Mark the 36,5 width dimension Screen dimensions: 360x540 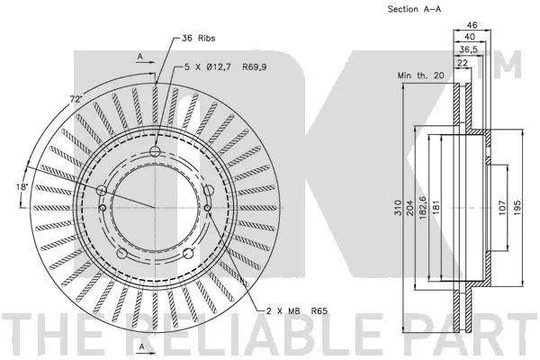(469, 51)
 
